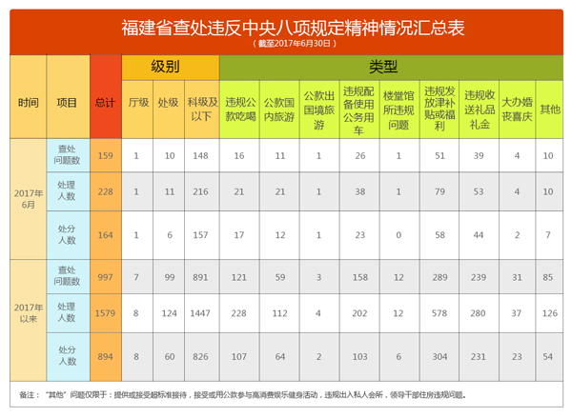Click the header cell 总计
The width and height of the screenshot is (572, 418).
click(x=105, y=102)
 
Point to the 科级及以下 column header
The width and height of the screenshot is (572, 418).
click(x=200, y=109)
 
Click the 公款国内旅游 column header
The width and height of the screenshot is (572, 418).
click(x=280, y=109)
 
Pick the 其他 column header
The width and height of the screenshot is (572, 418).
click(x=549, y=109)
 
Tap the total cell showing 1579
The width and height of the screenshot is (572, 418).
click(x=105, y=311)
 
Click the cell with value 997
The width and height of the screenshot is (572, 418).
click(x=105, y=277)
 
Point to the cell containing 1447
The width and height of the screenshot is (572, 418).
click(x=200, y=311)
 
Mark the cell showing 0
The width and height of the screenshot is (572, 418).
click(x=398, y=233)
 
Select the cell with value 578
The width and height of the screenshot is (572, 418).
click(x=439, y=311)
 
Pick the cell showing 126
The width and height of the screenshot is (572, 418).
click(x=549, y=311)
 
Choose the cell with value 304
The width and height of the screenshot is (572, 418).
click(x=439, y=356)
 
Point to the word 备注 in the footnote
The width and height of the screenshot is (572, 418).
click(x=28, y=393)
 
